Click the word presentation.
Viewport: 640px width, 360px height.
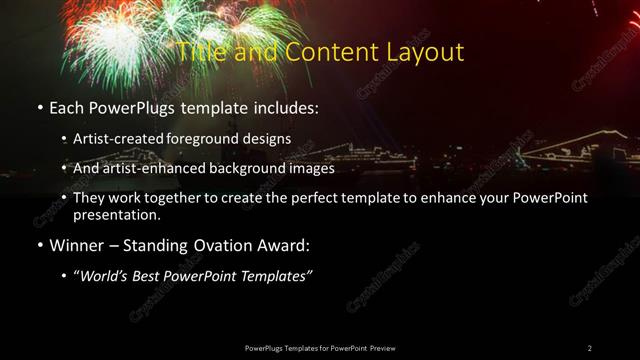[x=116, y=214]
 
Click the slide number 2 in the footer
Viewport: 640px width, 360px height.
[x=590, y=347]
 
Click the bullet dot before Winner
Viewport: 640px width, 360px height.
[x=39, y=245]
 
